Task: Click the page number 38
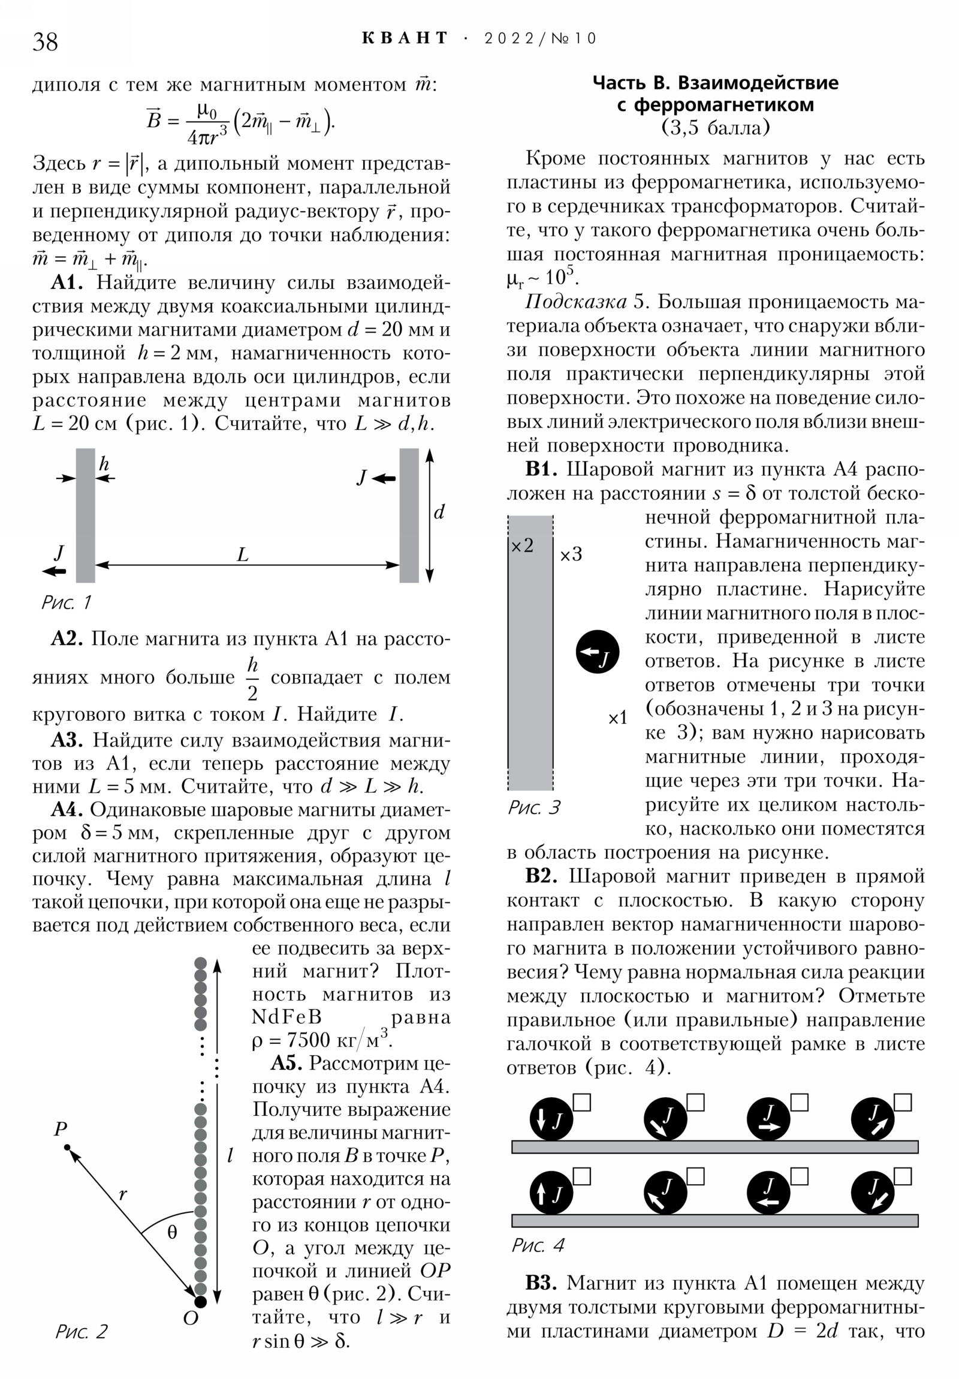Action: pos(45,41)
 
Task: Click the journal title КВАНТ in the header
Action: pos(405,38)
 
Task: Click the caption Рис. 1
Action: pos(66,603)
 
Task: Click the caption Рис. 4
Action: pos(538,1245)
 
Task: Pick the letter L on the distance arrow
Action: pos(243,555)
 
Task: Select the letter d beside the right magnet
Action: pos(439,512)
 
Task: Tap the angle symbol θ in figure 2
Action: pos(173,1233)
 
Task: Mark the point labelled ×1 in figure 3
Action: pos(617,718)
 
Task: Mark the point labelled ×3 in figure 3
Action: pos(571,555)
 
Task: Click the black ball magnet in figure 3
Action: pos(597,652)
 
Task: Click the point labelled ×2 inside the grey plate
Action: pos(522,546)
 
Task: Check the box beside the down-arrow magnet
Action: pos(582,1103)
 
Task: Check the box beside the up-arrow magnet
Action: pos(582,1176)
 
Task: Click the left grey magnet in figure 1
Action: pos(85,515)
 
